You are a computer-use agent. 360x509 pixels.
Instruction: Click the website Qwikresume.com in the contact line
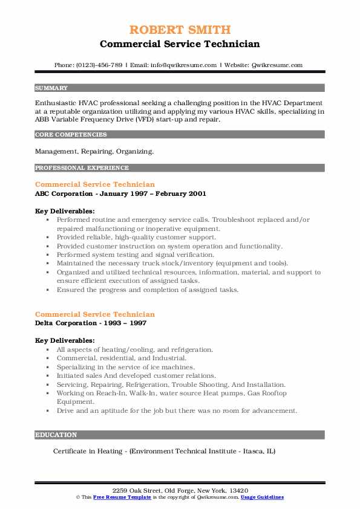pyautogui.click(x=277, y=65)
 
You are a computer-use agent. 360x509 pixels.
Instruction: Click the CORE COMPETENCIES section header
pyautogui.click(x=71, y=135)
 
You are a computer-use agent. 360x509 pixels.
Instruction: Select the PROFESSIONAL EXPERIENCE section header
pyautogui.click(x=82, y=168)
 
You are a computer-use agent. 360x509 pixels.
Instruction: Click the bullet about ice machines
pyautogui.click(x=126, y=368)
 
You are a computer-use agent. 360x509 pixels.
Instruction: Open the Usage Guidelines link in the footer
pyautogui.click(x=262, y=497)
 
